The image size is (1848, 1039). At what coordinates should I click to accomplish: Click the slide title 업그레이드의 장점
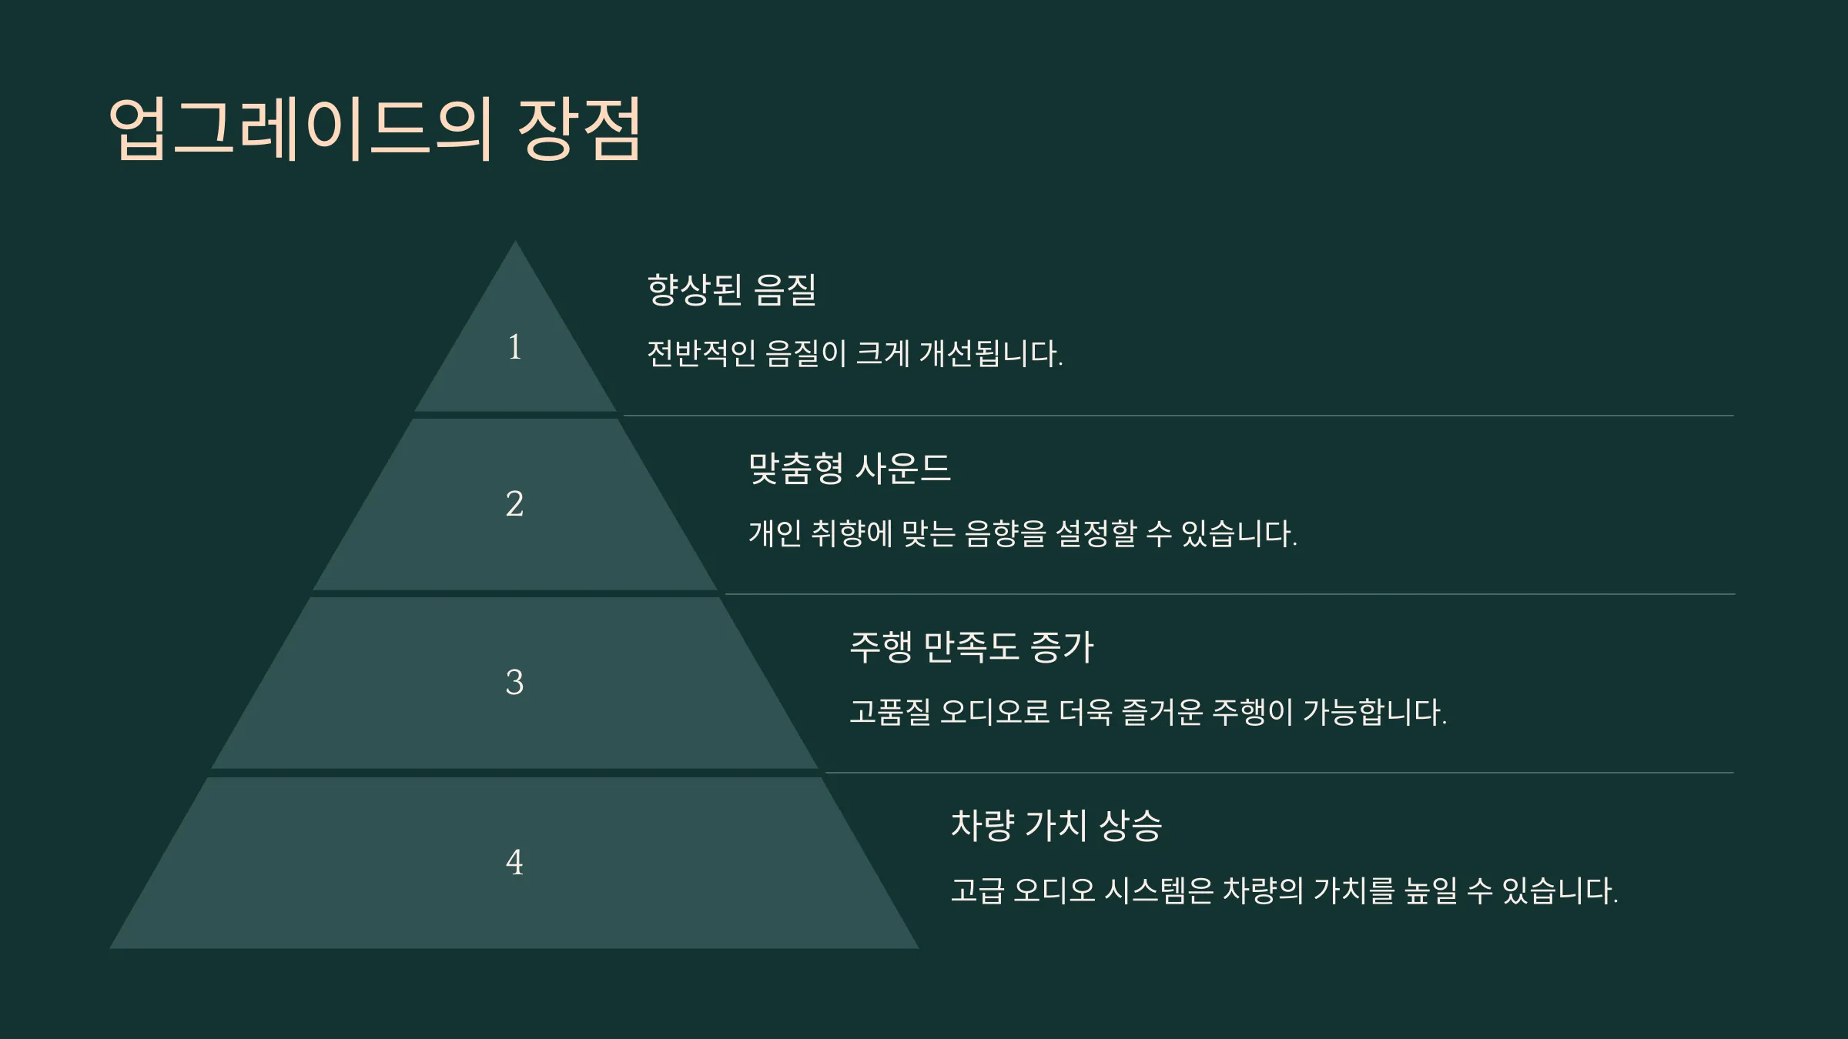[x=375, y=129]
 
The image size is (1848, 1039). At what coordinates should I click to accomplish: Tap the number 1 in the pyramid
[x=515, y=347]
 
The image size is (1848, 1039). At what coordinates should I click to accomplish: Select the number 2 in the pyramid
[x=514, y=504]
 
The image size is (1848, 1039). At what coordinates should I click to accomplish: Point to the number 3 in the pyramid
[x=514, y=683]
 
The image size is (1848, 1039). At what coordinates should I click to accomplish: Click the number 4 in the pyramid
[x=514, y=862]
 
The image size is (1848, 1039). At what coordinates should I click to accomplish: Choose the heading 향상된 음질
[x=731, y=290]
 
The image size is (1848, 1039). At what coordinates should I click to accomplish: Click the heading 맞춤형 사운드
[x=850, y=469]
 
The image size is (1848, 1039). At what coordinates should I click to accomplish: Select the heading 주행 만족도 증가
[x=972, y=647]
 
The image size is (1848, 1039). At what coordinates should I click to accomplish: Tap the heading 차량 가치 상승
[x=1056, y=826]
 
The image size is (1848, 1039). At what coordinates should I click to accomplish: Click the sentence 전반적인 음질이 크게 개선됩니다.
[x=855, y=354]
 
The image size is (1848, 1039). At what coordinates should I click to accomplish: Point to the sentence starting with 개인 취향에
[x=1023, y=533]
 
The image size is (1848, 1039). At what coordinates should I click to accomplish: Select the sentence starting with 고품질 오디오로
[x=1148, y=712]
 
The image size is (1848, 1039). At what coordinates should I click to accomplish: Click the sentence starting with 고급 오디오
[x=1284, y=891]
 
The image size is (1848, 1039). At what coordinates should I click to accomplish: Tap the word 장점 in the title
[x=580, y=129]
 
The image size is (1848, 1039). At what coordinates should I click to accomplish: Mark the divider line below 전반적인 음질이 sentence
[x=1179, y=416]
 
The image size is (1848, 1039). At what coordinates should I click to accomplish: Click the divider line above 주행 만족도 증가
[x=1230, y=594]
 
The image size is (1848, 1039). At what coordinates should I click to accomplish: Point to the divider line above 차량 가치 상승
[x=1280, y=773]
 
